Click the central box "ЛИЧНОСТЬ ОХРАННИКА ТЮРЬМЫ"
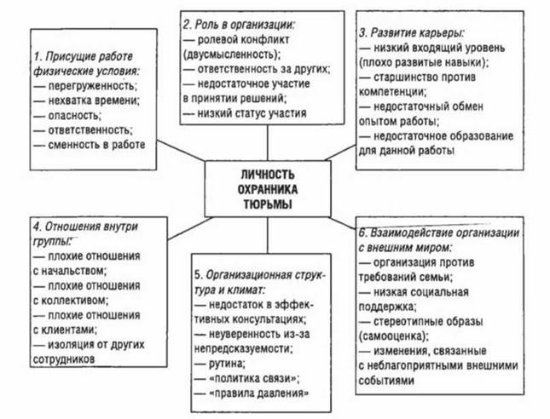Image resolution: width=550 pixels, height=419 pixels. [268, 189]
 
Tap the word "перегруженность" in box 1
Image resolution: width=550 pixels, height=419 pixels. [93, 86]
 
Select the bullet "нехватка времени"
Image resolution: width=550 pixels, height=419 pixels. [87, 100]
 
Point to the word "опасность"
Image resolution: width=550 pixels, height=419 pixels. [74, 116]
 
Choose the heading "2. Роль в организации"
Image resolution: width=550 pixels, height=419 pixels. [239, 25]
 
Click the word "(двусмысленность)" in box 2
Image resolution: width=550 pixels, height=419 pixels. [232, 55]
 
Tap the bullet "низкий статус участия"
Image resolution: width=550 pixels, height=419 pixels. [245, 113]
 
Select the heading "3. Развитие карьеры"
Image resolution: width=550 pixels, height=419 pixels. [412, 32]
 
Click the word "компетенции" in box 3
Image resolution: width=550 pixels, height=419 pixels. [392, 92]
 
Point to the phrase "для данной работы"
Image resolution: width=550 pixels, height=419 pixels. [407, 151]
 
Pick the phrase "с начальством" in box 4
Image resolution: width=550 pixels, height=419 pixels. [69, 271]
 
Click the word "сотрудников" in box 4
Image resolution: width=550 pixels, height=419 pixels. [64, 359]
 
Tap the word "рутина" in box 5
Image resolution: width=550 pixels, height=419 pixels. [227, 364]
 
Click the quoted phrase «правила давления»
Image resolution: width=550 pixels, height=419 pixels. [259, 393]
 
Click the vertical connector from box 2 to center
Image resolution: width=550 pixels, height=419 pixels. [268, 142]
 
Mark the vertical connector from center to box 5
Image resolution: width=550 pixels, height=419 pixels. [268, 235]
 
